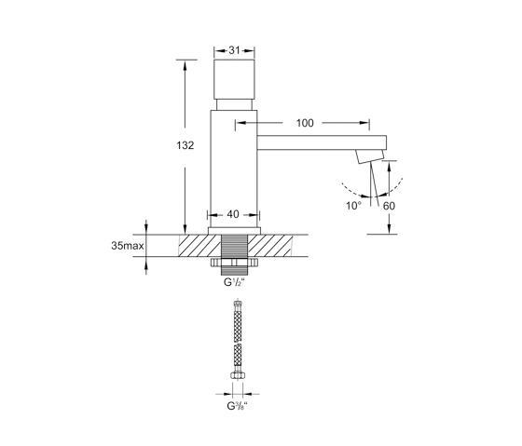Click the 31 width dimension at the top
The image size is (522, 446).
(234, 50)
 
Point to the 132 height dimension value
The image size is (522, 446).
(185, 145)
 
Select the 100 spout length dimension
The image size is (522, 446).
(305, 123)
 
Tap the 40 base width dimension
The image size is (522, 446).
(233, 214)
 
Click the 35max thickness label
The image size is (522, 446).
(128, 246)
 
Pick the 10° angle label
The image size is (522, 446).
(353, 206)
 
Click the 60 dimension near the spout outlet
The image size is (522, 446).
(389, 206)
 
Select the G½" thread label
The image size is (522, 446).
(234, 282)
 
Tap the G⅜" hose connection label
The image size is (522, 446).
(238, 406)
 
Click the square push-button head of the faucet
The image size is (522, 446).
(234, 79)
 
